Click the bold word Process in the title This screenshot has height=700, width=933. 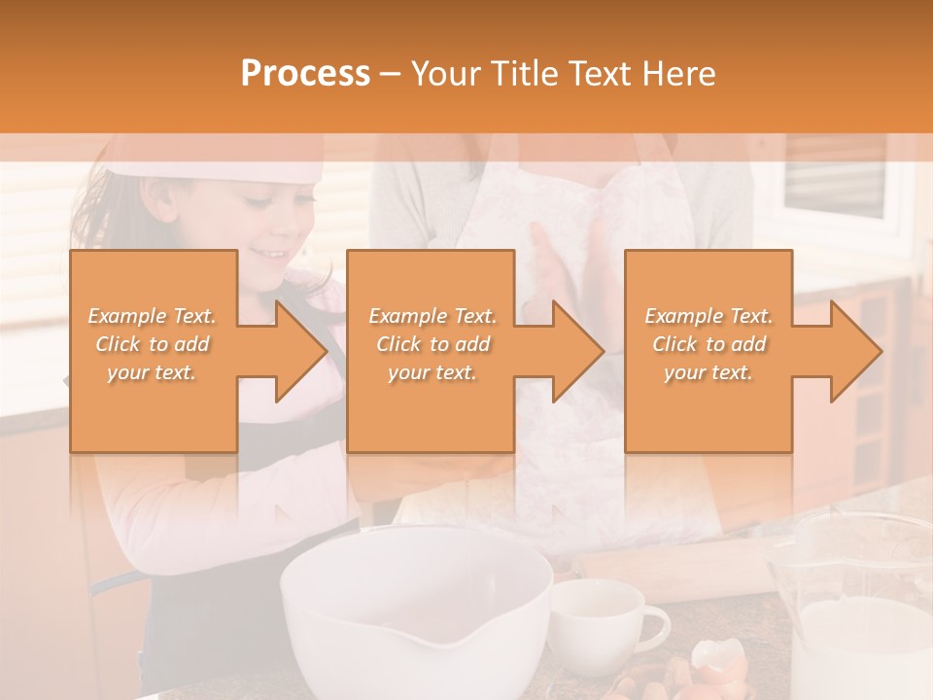click(x=305, y=74)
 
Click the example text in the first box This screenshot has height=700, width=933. click(x=152, y=344)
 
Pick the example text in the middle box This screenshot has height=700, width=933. click(x=432, y=344)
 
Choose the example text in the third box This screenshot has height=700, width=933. click(x=708, y=344)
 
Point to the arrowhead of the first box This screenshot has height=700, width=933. click(x=301, y=351)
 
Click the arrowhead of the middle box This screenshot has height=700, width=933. click(x=578, y=351)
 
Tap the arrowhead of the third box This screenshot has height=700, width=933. click(x=856, y=351)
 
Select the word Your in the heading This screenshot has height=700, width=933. click(x=443, y=74)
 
